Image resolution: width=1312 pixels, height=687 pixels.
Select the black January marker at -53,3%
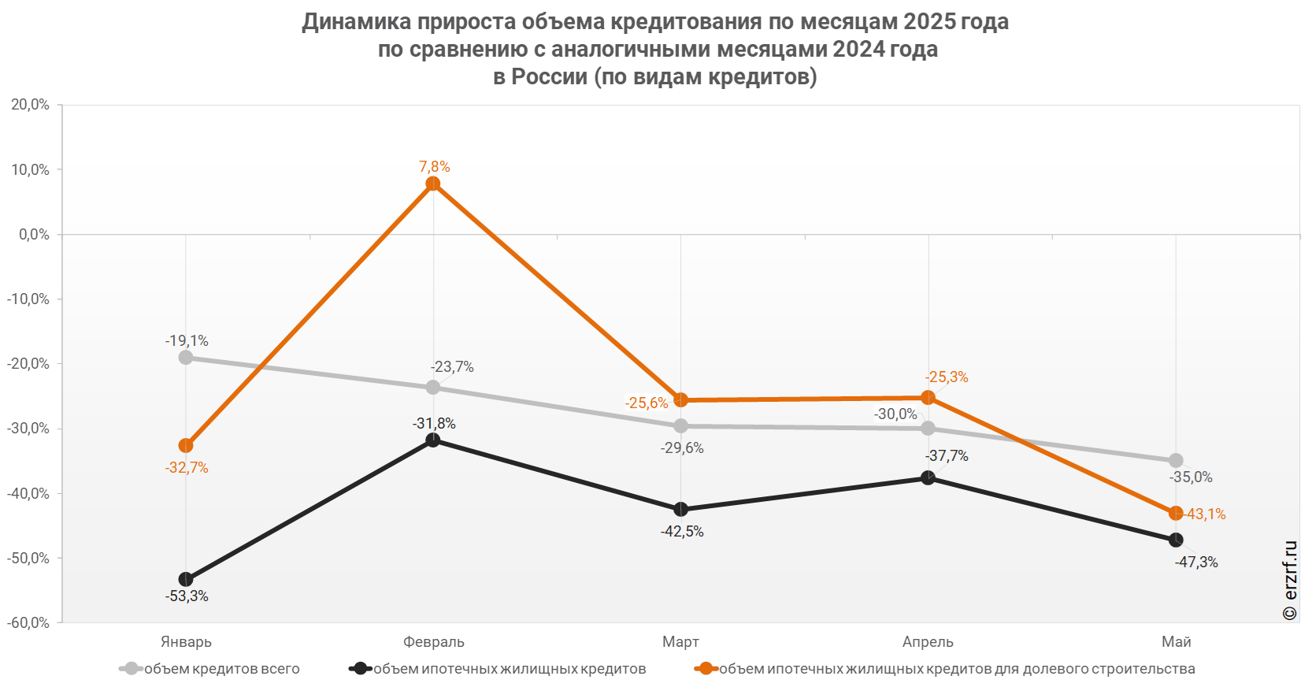tap(186, 579)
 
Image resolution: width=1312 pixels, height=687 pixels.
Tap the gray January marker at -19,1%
tap(186, 358)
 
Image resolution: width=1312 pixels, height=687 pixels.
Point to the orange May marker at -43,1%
tap(1176, 513)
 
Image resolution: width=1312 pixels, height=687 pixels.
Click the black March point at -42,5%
tap(681, 510)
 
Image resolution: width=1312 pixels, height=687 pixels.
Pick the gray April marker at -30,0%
tap(928, 429)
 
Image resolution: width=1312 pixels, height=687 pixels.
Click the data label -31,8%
tap(434, 424)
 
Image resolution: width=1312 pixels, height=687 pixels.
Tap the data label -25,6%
tap(647, 403)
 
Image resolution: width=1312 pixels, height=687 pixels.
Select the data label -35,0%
tap(1191, 477)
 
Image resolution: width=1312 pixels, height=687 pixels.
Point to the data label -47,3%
tap(1196, 563)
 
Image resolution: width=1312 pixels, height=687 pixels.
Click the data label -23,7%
tap(452, 367)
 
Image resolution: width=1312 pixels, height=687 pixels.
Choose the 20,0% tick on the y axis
tap(30, 105)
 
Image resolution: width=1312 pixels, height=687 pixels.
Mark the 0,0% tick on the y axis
tap(34, 235)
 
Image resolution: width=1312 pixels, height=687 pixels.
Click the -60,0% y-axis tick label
tap(28, 623)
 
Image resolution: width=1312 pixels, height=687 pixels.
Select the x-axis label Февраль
tap(434, 642)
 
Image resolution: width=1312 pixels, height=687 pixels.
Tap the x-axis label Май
tap(1177, 642)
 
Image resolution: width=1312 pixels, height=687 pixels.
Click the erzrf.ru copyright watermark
tap(1290, 581)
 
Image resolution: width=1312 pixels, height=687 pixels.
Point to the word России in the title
tap(550, 76)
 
